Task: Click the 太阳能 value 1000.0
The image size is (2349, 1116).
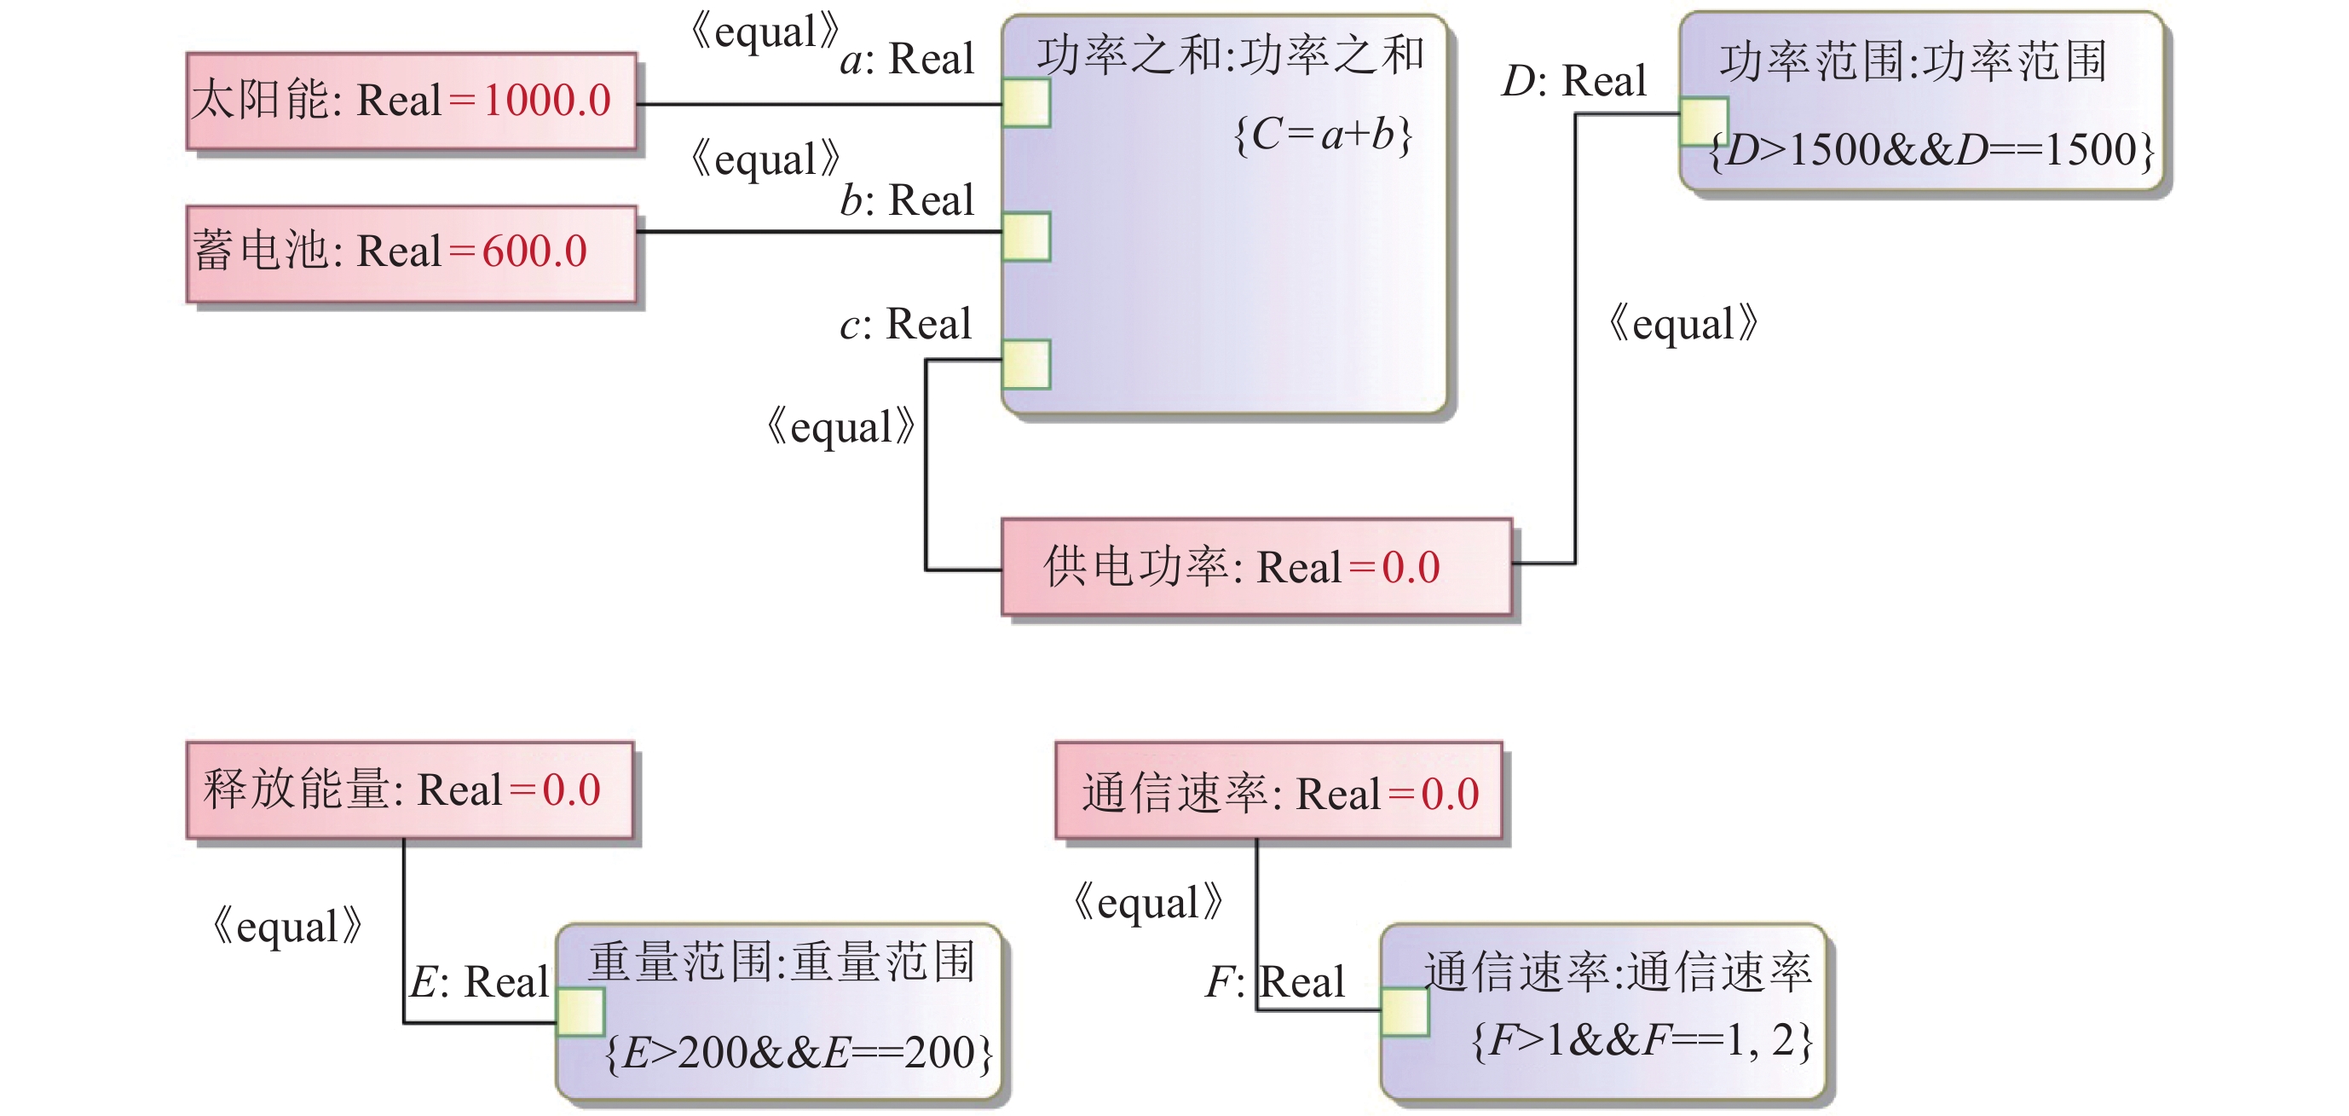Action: point(546,101)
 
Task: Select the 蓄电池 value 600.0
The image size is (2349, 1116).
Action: point(534,252)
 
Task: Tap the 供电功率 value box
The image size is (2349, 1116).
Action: point(1255,567)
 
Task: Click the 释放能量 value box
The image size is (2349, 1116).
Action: point(409,789)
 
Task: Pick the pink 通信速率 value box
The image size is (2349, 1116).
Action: point(1278,791)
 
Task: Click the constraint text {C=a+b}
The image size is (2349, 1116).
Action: point(1321,135)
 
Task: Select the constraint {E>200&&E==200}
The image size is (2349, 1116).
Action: point(798,1053)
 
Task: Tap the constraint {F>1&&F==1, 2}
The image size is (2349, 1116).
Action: point(1642,1040)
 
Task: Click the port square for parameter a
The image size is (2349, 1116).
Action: point(1026,103)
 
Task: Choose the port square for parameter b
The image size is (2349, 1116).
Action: point(1026,237)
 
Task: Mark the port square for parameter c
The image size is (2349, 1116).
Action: point(1026,364)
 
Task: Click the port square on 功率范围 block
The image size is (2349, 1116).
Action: point(1704,121)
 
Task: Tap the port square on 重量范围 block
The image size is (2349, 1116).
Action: point(580,1011)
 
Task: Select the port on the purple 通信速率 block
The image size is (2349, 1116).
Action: point(1405,1011)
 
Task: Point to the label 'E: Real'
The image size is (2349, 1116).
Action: point(479,983)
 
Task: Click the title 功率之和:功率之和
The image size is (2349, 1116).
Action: point(1229,55)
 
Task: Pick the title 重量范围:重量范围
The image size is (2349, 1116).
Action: point(782,962)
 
